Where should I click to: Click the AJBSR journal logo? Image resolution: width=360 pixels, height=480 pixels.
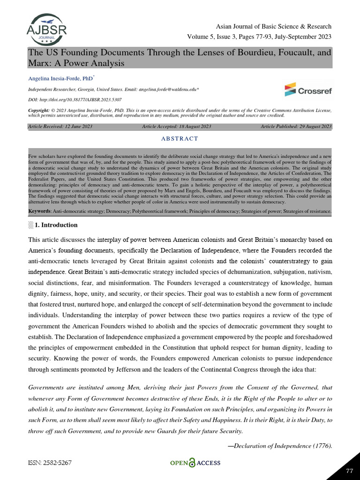pos(46,28)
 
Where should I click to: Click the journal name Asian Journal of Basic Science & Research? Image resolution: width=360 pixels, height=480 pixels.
pos(273,26)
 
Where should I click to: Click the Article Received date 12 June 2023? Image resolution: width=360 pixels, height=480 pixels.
pos(60,127)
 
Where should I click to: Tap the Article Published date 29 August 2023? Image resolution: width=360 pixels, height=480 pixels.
pos(296,127)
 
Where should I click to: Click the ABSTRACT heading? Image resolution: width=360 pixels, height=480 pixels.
pos(180,139)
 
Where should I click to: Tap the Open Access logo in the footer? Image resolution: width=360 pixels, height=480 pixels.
pos(195,463)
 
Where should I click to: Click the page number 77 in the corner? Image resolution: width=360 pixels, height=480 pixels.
pos(349,471)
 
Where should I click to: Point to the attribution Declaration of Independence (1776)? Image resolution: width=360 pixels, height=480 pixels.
pos(280,446)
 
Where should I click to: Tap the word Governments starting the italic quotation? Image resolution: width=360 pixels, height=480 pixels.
pos(47,387)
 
